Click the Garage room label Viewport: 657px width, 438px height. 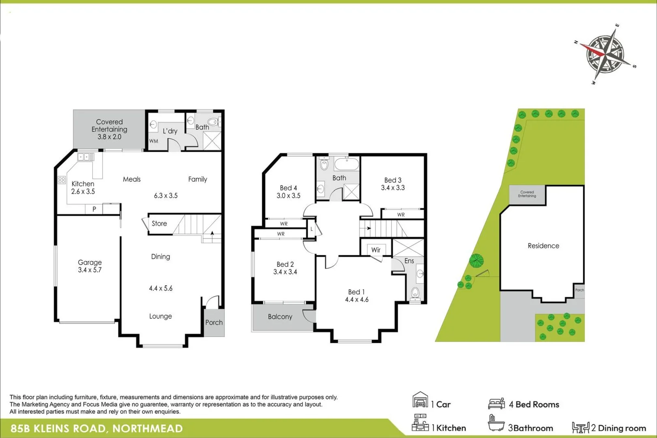tap(90, 262)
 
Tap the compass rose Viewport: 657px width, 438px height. tap(605, 54)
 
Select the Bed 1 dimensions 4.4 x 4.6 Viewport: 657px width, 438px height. tap(357, 300)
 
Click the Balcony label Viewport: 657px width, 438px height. tap(280, 317)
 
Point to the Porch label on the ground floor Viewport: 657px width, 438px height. tap(214, 322)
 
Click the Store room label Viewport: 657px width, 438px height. tap(159, 223)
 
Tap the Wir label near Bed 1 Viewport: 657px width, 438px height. tap(376, 250)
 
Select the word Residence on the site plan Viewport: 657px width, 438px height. tap(543, 246)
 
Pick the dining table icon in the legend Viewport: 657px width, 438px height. tap(580, 427)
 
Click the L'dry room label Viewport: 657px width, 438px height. tap(170, 131)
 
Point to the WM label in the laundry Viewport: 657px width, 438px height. tap(154, 141)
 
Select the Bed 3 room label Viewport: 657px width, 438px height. tap(393, 180)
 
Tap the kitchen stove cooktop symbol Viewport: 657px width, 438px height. tap(62, 180)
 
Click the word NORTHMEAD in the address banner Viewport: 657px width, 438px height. tap(148, 429)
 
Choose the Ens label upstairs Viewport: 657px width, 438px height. tap(409, 261)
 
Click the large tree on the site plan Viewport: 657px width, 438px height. tap(476, 260)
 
